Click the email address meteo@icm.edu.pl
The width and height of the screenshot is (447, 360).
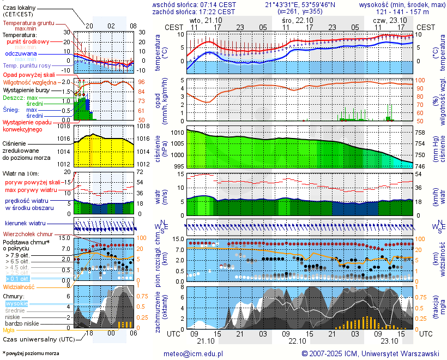[194, 353]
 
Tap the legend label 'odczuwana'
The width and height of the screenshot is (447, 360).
[21, 53]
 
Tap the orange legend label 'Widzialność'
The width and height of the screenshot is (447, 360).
[19, 286]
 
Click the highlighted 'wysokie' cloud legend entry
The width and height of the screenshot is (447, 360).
[16, 303]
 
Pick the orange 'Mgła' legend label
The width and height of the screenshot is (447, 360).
[9, 330]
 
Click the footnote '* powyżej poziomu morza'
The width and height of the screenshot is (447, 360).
[31, 353]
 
